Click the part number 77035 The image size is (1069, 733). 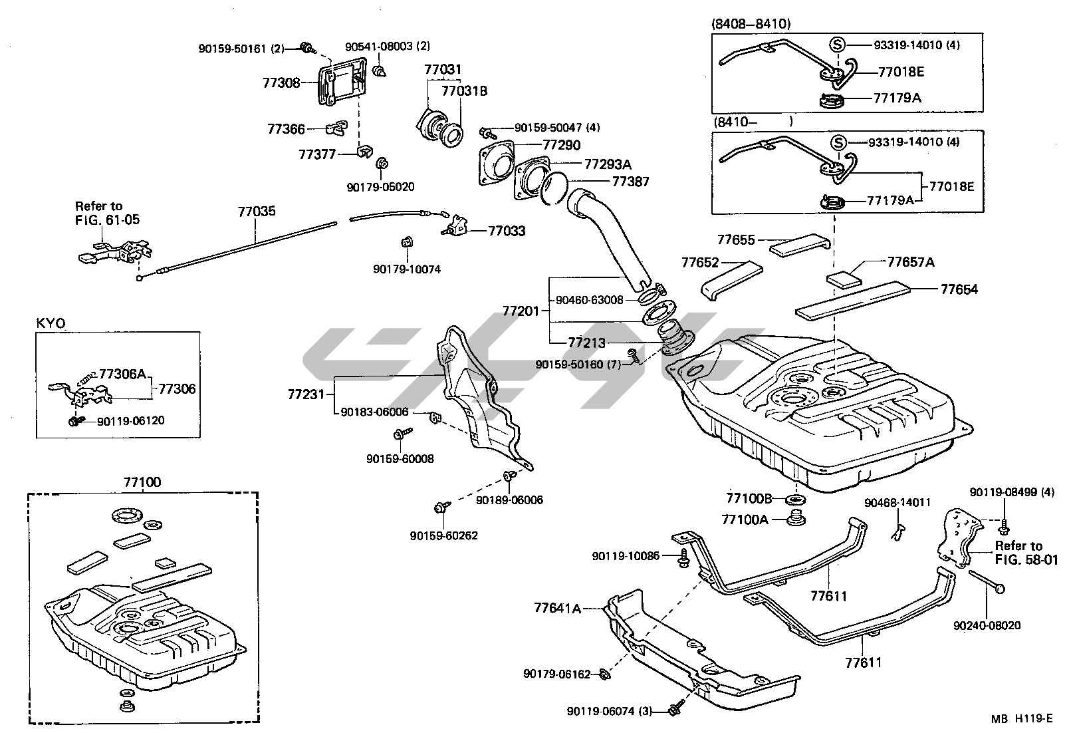257,212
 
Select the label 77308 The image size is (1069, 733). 281,83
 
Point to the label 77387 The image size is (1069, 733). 630,181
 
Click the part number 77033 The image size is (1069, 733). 507,231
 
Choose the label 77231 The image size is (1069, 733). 306,394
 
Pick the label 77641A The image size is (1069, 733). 557,608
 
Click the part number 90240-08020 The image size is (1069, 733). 987,625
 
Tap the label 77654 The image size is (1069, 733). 959,289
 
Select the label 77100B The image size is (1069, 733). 749,499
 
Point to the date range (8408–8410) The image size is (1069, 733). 751,25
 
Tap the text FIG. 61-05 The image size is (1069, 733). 107,220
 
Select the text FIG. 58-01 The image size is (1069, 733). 1026,559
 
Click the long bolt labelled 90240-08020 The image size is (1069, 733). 987,581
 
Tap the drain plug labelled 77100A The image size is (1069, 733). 793,518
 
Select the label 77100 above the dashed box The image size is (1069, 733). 142,482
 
